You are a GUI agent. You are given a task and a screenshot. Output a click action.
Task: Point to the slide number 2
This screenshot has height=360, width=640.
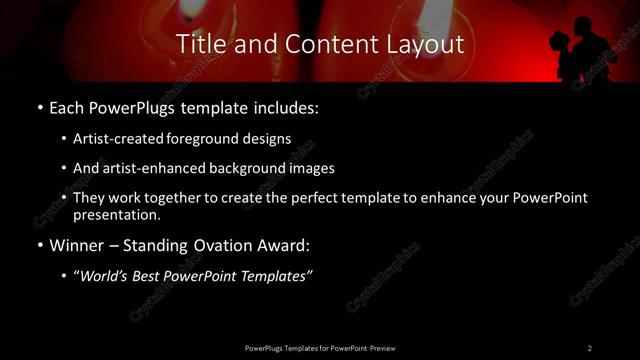(589, 347)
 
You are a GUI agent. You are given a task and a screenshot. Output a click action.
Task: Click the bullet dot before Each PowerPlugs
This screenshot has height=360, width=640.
(39, 105)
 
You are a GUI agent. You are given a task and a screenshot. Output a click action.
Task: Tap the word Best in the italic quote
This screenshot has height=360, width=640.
(150, 276)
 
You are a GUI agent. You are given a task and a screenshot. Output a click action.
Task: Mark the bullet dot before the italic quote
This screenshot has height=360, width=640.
(65, 276)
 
